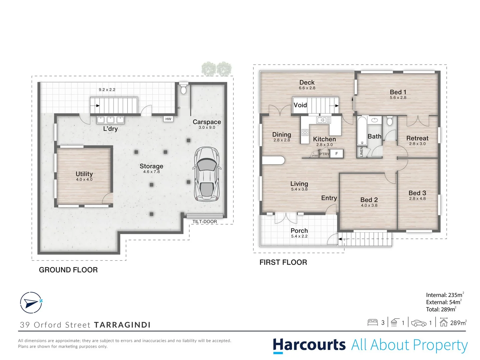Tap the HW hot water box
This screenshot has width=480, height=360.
168,119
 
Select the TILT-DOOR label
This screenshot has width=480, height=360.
204,222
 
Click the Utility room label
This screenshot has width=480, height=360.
84,174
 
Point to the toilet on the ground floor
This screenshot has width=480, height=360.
183,89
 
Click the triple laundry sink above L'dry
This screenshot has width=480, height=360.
111,120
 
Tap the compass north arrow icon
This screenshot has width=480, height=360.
31,303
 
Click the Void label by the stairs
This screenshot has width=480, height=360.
300,105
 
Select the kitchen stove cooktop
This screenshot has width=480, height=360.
305,132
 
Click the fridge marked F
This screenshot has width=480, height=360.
337,154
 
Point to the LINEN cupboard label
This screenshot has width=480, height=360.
361,152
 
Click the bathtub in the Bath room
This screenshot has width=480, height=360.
362,131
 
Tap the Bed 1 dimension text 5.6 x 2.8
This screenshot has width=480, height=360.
398,98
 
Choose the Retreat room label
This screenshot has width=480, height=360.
417,138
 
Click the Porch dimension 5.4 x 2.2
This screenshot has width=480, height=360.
299,236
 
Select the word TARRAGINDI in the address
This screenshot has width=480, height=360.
122,325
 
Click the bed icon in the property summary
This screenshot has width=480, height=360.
372,322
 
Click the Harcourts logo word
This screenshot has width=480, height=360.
309,345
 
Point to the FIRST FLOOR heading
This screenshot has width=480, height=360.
283,262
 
